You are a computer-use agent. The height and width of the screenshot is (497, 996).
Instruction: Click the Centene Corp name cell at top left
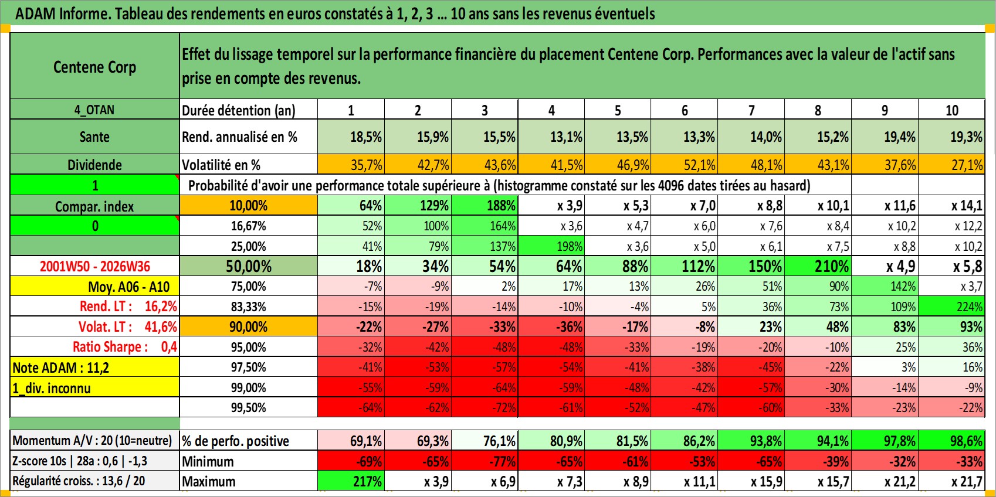point(94,66)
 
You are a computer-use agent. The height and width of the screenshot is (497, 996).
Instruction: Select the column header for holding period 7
point(751,110)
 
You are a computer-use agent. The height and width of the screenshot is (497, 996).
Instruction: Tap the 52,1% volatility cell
point(685,165)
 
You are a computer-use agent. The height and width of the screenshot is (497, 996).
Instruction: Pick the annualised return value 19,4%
point(885,137)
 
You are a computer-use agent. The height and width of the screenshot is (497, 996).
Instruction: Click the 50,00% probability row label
point(249,266)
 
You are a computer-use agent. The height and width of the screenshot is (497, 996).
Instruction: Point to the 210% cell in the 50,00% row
point(818,266)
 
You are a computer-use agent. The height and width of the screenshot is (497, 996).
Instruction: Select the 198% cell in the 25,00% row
point(551,246)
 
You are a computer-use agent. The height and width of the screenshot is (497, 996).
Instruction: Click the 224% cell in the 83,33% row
point(952,307)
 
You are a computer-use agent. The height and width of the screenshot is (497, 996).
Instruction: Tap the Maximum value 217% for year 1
point(351,481)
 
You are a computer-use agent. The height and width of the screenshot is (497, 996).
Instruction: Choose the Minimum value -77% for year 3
point(485,461)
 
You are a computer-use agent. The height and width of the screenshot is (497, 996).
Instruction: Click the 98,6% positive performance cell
point(952,441)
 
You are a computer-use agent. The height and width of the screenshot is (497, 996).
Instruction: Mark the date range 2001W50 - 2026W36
point(94,266)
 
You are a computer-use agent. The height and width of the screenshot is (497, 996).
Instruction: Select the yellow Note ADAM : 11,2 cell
point(94,367)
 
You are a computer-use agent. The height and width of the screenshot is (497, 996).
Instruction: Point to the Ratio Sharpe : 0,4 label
point(124,347)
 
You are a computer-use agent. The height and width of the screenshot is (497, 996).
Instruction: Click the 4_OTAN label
point(94,110)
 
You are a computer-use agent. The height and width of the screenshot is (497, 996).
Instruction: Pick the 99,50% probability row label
point(249,407)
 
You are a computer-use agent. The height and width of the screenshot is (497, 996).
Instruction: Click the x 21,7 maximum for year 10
point(952,481)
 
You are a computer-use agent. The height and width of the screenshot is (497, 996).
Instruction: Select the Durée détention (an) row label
point(239,110)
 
